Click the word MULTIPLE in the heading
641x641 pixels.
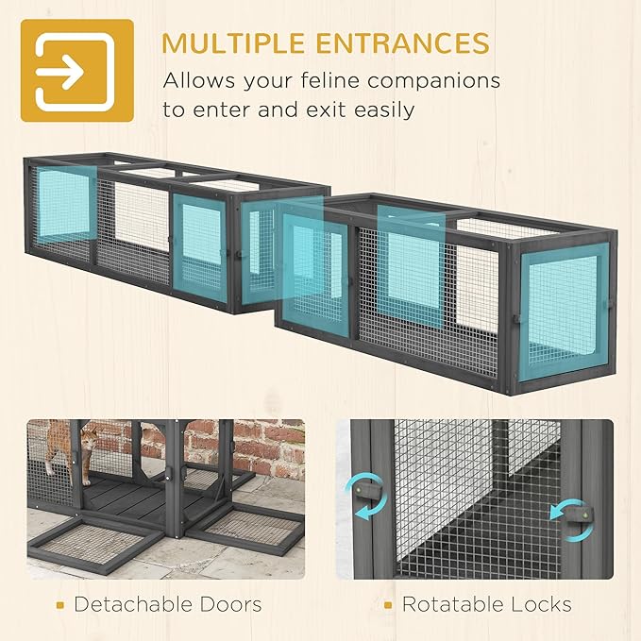coord(233,42)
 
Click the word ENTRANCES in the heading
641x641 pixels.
coord(403,42)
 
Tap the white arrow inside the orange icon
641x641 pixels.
coord(60,73)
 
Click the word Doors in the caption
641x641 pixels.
coord(229,604)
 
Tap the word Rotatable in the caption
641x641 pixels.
coord(455,604)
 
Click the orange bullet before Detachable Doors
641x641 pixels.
coord(60,605)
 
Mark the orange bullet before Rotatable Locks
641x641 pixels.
coord(388,605)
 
